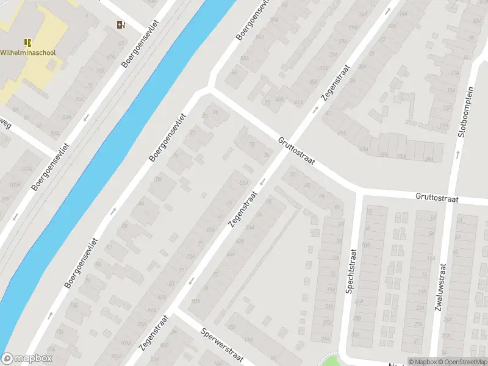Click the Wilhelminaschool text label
click(x=28, y=52)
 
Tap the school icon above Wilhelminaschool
click(x=27, y=42)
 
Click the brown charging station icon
click(x=120, y=25)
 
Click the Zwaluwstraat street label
click(x=440, y=287)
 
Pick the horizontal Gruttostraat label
click(x=437, y=198)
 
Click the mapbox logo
click(x=27, y=359)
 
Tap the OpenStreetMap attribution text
click(x=462, y=362)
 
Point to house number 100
click(x=74, y=305)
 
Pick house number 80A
click(x=195, y=301)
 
